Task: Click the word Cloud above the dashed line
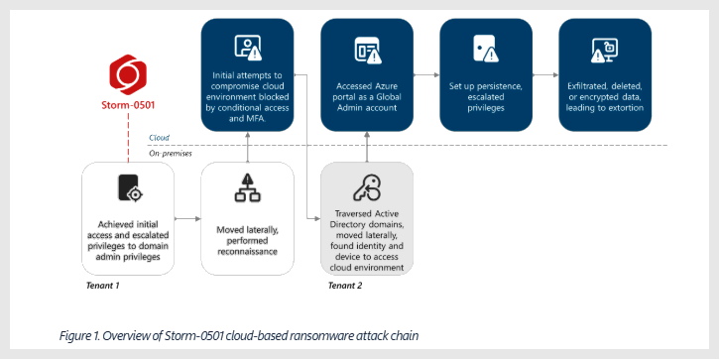[x=159, y=138]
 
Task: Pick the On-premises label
[x=171, y=153]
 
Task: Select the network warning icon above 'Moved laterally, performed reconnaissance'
[x=246, y=187]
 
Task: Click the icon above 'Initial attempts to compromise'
[x=247, y=47]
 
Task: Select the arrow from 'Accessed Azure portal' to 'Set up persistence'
[x=425, y=74]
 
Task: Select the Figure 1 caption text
[x=239, y=335]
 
